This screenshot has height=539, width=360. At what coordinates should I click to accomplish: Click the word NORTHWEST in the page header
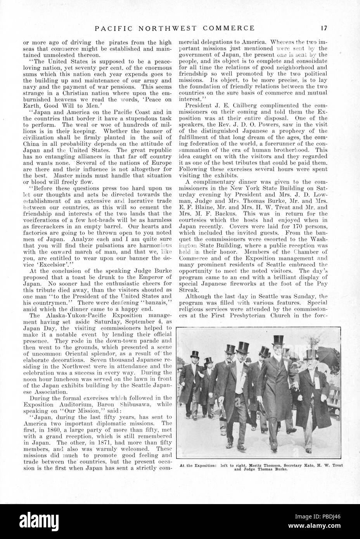(177, 28)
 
